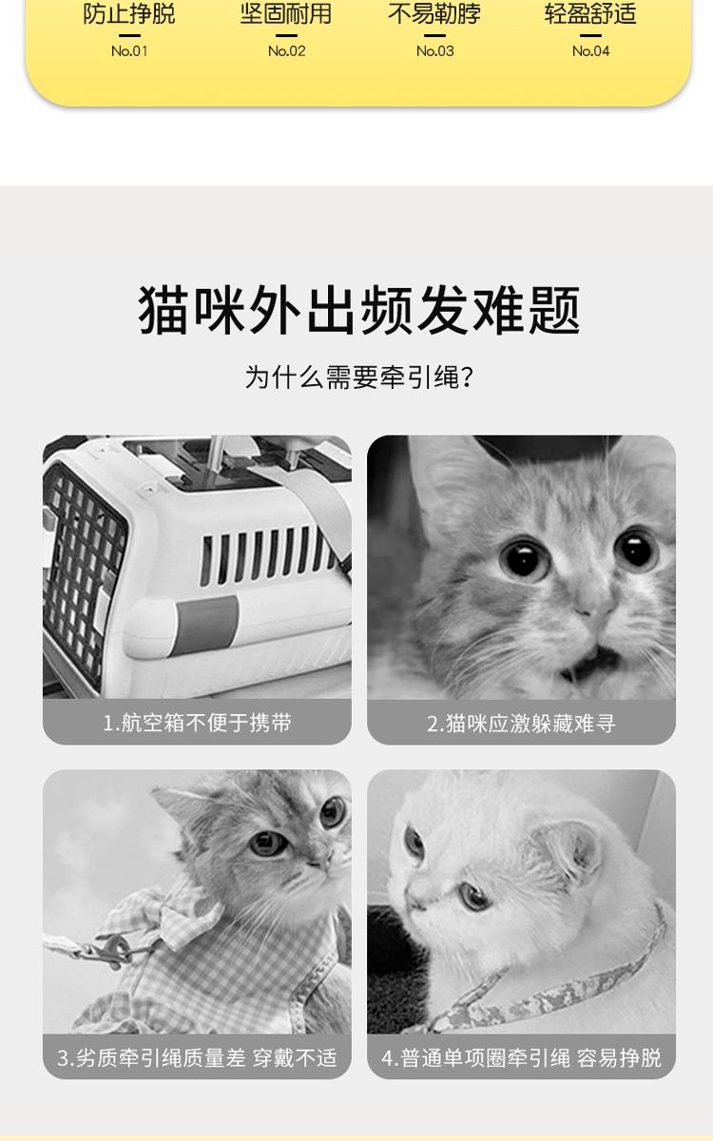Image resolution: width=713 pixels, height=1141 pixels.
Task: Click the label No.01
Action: pos(129,51)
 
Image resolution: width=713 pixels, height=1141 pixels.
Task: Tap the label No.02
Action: pos(287,51)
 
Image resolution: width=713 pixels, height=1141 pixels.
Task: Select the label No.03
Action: pos(435,51)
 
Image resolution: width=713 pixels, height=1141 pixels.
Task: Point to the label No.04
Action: pos(590,51)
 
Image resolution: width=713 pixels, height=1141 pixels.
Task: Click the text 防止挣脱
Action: pos(129,13)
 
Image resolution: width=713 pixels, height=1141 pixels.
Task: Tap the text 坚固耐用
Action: pos(286,13)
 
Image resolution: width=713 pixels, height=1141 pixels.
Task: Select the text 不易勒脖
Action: pos(434,13)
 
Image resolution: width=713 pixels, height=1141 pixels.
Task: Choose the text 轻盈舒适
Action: pos(590,13)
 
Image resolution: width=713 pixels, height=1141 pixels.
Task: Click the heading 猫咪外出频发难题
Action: pos(359,310)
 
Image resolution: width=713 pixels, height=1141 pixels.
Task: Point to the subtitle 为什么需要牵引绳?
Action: pos(359,377)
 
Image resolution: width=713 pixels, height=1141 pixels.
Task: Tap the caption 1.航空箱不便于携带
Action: pos(197,723)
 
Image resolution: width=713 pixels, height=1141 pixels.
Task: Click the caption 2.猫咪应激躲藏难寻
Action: pos(521,723)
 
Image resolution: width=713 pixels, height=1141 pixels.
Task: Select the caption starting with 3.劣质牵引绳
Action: pos(197,1058)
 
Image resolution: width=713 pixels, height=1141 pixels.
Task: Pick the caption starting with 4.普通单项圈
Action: pos(521,1058)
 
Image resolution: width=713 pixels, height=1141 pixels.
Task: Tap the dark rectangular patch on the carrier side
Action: pos(207,625)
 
